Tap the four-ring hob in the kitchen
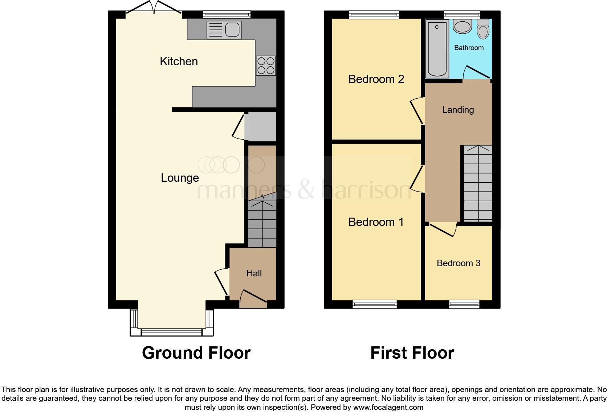(x=266, y=66)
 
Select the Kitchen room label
(x=179, y=61)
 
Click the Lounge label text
(x=180, y=178)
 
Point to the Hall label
(x=254, y=273)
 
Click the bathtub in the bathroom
(x=437, y=49)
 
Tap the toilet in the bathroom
(x=483, y=29)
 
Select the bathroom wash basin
(x=462, y=26)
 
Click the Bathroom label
(x=469, y=48)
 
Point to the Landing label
(x=458, y=110)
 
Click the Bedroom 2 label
(x=376, y=79)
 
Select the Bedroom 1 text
(x=376, y=222)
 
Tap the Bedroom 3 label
(x=458, y=263)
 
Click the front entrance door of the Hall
(x=253, y=296)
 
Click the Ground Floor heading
(x=196, y=353)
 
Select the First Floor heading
(x=412, y=353)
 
